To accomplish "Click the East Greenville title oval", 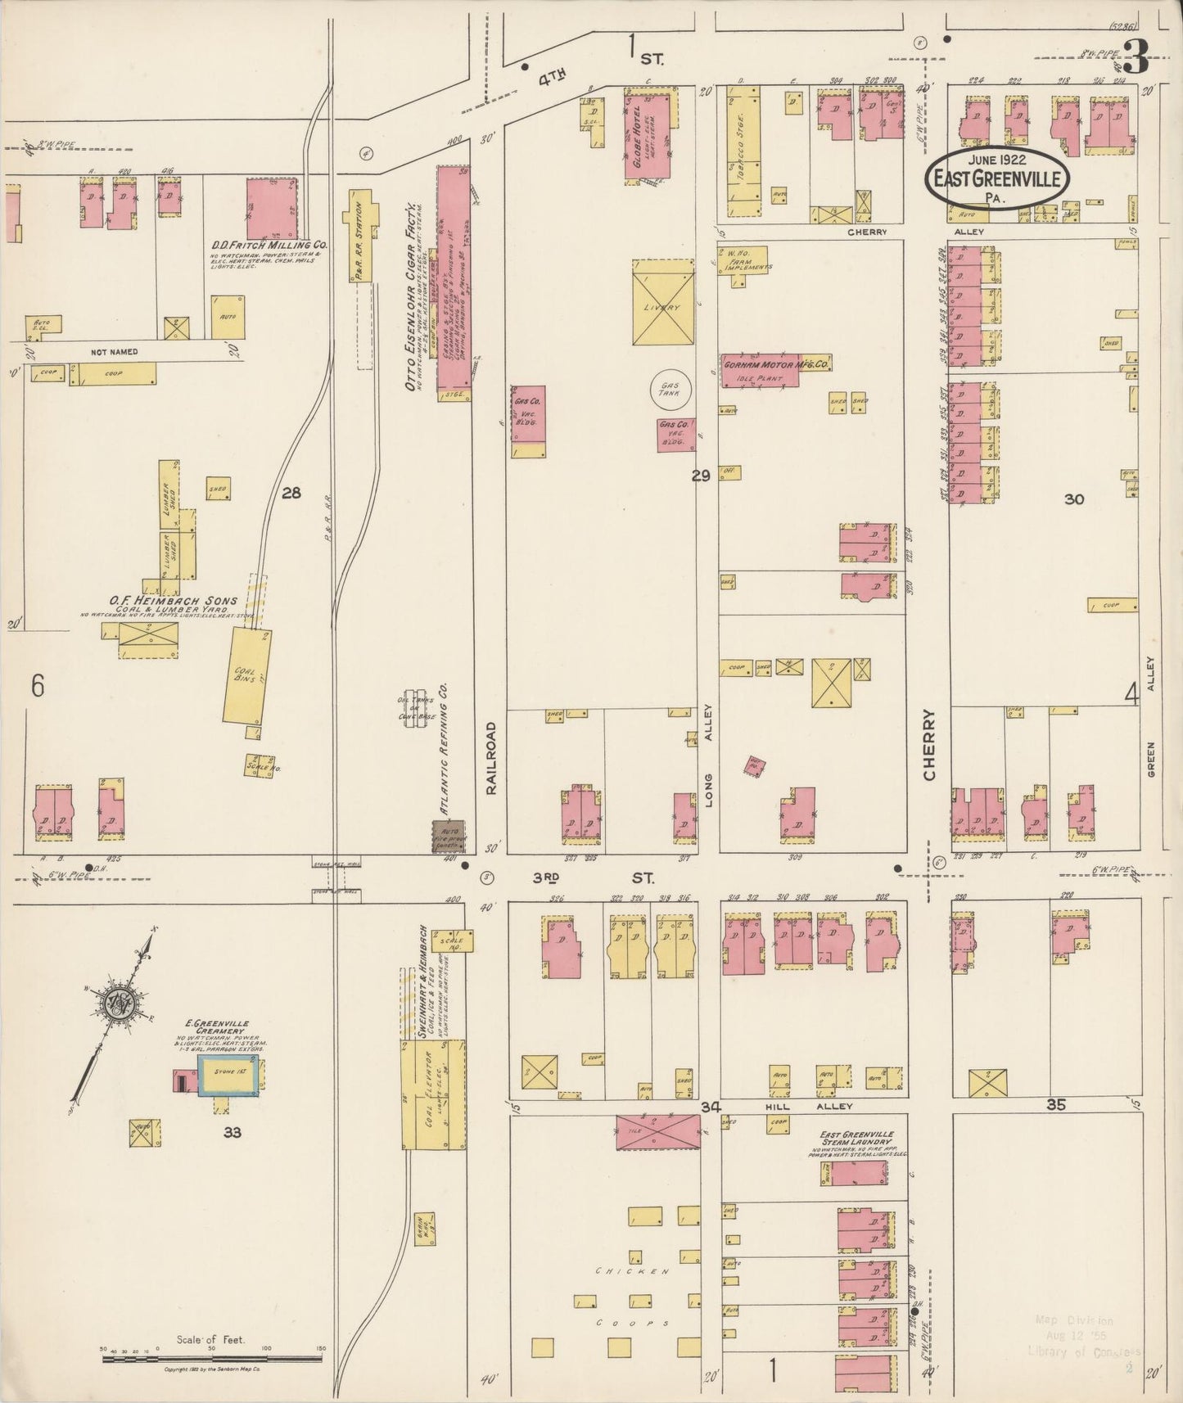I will tap(996, 178).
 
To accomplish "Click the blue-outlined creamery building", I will tap(230, 1075).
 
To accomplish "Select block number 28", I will tap(291, 493).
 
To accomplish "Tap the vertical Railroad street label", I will tap(491, 758).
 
